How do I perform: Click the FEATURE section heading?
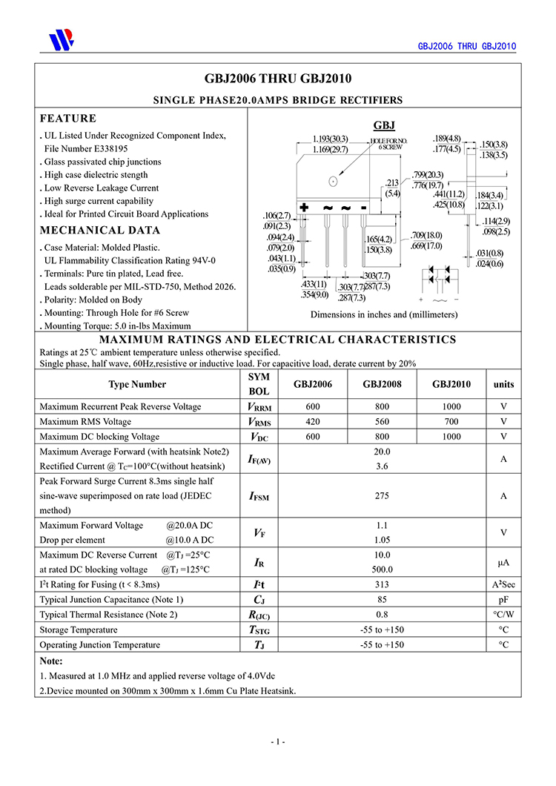point(68,119)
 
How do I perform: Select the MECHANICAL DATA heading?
point(100,230)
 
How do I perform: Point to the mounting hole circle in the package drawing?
point(334,181)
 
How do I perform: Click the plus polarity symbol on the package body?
point(304,208)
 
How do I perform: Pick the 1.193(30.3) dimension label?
point(330,139)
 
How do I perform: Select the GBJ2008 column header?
point(383,384)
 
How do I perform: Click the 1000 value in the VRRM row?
point(451,407)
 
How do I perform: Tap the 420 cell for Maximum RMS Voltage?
point(313,422)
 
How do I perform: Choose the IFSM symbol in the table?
point(259,496)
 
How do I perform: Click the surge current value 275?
point(383,495)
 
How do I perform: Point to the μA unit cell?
point(503,562)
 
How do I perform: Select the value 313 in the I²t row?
point(383,585)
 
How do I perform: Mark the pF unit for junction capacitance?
point(503,600)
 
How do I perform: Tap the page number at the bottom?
point(278,742)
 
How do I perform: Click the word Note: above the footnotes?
point(51,661)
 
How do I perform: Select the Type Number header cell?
point(137,384)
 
